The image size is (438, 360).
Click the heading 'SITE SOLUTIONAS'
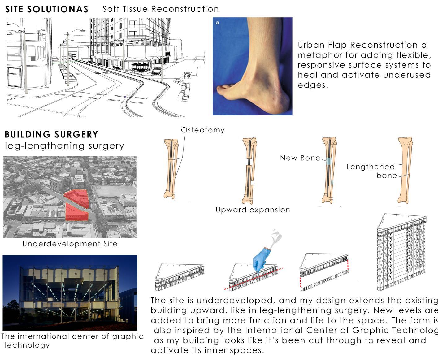tap(47, 9)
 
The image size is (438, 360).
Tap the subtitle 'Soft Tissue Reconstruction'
tap(160, 9)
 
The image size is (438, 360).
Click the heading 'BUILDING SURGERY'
tap(51, 134)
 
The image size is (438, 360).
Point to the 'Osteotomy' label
tap(203, 130)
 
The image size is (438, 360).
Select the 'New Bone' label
tap(300, 158)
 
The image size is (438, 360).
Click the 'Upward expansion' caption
tap(253, 210)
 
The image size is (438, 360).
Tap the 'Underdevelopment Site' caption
tap(70, 244)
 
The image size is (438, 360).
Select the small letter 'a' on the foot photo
tap(218, 23)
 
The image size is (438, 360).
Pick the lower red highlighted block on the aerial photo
tap(76, 213)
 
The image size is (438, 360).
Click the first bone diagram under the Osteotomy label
tap(171, 169)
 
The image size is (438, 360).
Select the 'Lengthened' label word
tap(370, 167)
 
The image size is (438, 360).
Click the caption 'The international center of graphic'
tap(72, 336)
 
